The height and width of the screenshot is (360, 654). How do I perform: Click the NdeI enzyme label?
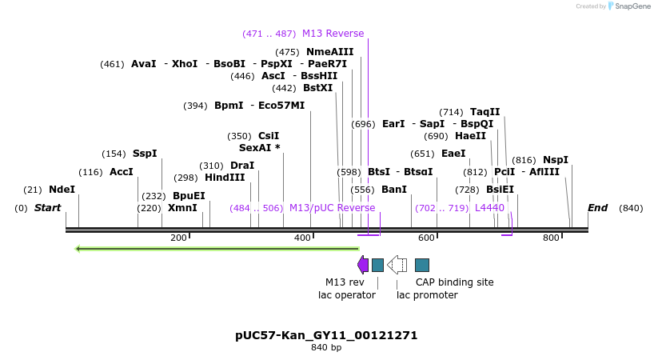[62, 190]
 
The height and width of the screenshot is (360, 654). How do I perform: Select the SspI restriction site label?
[145, 154]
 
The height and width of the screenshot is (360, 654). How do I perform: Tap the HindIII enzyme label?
[225, 178]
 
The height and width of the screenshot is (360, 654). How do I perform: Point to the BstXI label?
[317, 88]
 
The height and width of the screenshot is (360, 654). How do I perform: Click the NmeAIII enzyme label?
[329, 52]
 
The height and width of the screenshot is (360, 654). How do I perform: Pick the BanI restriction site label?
[394, 190]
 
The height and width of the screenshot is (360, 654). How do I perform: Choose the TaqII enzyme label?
[485, 112]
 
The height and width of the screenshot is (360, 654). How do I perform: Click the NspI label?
[556, 160]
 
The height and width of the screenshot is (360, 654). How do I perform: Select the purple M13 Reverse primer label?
[333, 34]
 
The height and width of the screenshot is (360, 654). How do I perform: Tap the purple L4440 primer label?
[489, 208]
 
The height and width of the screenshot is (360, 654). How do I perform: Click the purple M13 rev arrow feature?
[363, 265]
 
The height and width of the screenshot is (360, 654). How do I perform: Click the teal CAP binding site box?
[422, 265]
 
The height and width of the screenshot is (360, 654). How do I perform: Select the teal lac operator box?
[378, 265]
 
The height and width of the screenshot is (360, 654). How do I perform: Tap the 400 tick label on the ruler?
[303, 238]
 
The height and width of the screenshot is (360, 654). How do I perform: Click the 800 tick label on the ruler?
[551, 238]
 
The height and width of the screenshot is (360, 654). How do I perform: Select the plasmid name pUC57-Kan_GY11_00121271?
[326, 335]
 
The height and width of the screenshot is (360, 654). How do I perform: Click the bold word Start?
[47, 208]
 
